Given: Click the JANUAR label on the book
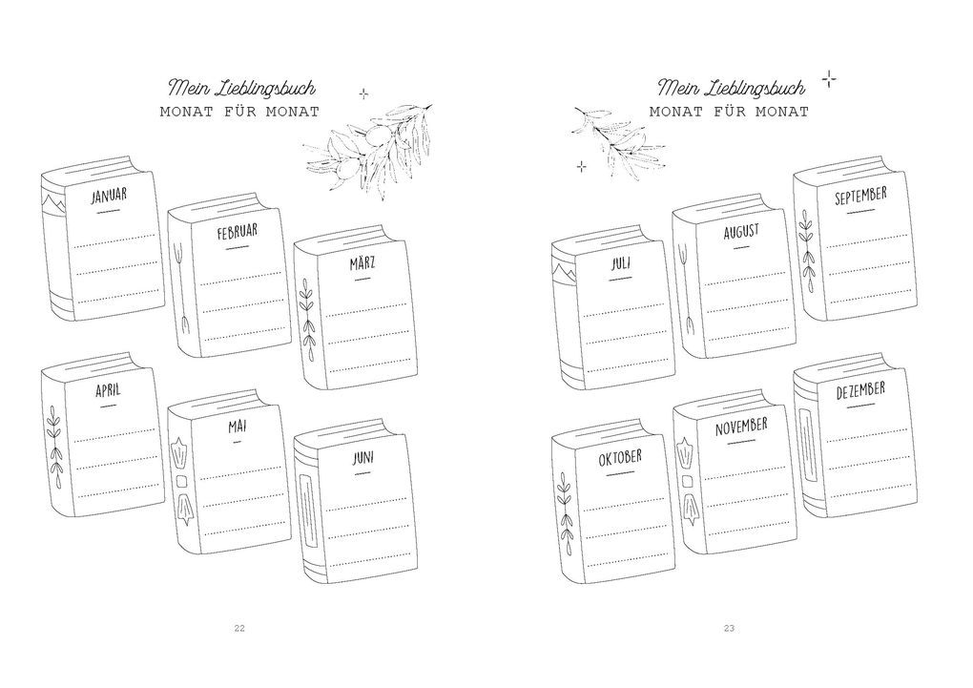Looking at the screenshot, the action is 109,196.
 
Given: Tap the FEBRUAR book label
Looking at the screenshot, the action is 237,232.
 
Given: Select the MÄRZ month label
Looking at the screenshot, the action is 362,264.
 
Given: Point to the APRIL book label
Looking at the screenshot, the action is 108,390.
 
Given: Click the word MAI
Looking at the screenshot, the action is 237,427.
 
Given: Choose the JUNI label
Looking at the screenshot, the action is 363,458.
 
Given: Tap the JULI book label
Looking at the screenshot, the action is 621,263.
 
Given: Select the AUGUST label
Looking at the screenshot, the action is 741,232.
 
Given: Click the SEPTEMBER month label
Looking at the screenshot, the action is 860,196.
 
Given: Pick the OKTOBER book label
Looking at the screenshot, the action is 620,458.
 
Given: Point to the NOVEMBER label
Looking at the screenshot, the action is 741,427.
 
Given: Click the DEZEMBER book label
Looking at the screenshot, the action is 860,390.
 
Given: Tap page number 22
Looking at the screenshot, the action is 239,629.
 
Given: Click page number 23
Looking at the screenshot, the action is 729,629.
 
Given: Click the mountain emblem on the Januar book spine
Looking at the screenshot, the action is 52,201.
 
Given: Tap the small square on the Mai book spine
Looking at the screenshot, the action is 182,481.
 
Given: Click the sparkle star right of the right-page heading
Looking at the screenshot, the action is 828,79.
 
